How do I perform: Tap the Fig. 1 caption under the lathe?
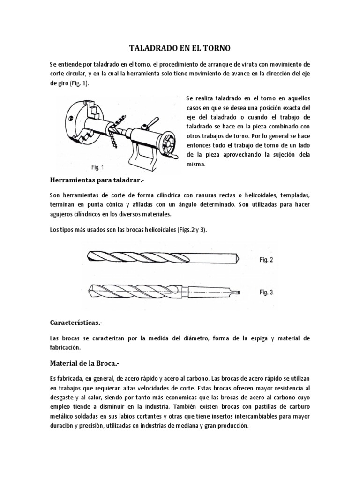(x=98, y=167)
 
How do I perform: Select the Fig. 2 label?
(x=270, y=259)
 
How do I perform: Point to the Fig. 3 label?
(x=270, y=292)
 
